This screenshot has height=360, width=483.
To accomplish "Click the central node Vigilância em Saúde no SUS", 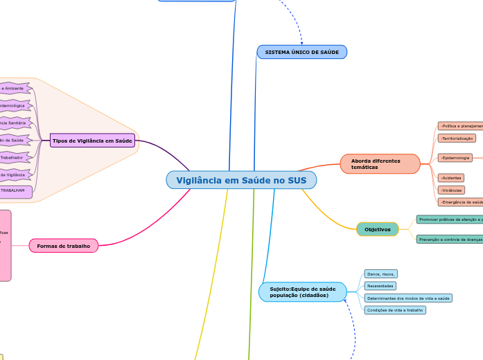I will coord(241,180).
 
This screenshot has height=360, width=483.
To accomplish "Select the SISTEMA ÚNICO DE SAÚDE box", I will coord(301,52).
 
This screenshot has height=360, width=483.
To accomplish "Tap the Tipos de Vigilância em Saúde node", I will coord(92,141).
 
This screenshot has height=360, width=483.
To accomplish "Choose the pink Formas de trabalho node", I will coord(64,246).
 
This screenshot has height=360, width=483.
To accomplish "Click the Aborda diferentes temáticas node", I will coord(380,164).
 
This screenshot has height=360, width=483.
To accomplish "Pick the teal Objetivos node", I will coord(378,229).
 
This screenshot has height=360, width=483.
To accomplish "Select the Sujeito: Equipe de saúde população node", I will coord(302,292).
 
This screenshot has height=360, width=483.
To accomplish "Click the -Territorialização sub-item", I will coord(457,138).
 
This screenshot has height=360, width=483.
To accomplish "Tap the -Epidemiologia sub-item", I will coord(455,158).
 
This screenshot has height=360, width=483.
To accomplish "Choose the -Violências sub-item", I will coord(451,190).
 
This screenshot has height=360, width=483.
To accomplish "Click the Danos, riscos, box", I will coord(380,274).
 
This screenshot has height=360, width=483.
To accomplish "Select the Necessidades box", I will coord(380,286).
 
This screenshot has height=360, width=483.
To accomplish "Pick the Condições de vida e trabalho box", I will coord(394,310).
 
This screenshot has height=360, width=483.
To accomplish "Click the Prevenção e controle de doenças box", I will coord(450,240).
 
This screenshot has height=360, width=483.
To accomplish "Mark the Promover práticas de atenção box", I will coord(450,219).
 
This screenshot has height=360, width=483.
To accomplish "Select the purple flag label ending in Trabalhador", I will coord(13,158).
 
